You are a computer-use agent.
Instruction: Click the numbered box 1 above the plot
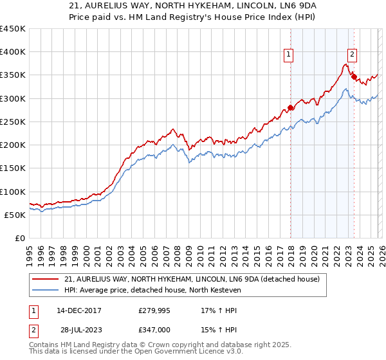pos(289,55)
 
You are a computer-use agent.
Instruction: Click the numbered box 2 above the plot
pos(353,55)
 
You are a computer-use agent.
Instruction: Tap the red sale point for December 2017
pos(290,107)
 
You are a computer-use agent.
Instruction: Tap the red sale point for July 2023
pos(354,76)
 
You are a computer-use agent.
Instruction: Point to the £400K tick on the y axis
pos(12,52)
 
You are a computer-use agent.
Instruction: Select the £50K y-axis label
pos(14,215)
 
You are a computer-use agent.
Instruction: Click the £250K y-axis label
pos(12,122)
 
